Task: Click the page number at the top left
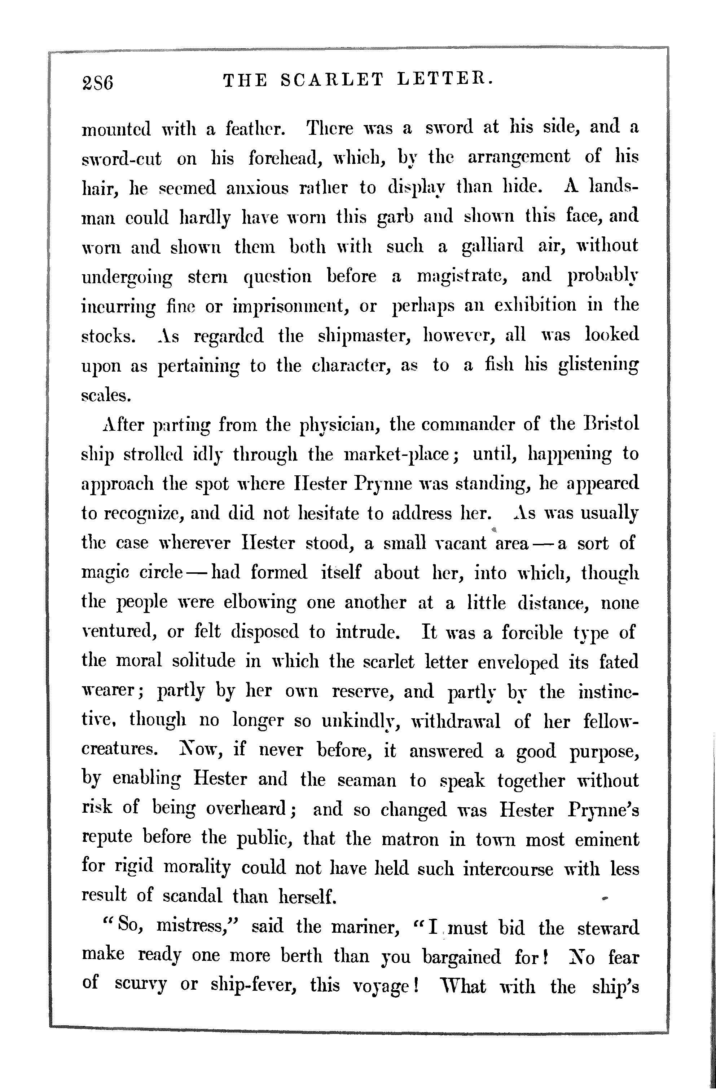click(x=97, y=83)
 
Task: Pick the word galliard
click(x=492, y=247)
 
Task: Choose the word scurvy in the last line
click(x=141, y=985)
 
